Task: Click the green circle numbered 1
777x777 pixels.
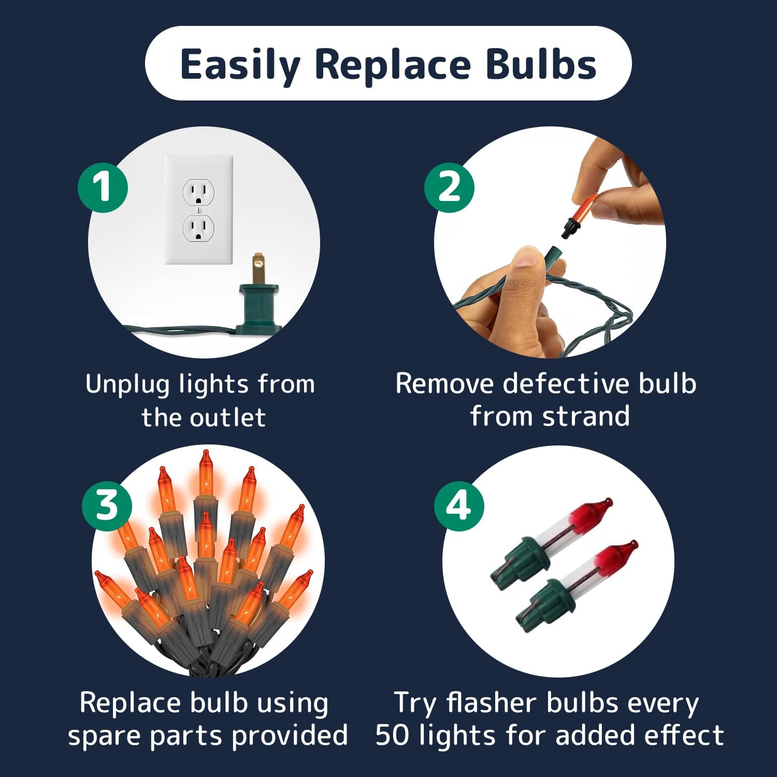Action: point(103,187)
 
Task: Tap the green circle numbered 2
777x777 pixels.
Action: point(449,187)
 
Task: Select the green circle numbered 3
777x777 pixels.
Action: point(107,505)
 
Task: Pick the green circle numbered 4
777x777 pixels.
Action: point(459,505)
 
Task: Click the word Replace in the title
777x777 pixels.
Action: point(392,64)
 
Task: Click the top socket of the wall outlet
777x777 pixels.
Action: point(198,192)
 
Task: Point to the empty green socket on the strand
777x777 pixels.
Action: point(553,260)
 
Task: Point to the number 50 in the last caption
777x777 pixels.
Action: point(393,735)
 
